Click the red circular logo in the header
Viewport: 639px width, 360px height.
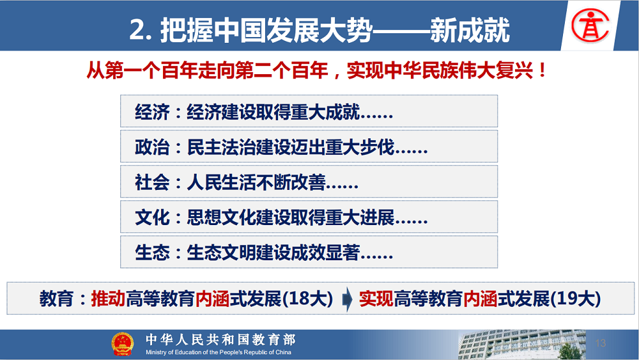click(x=590, y=26)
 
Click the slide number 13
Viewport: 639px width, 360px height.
click(x=600, y=343)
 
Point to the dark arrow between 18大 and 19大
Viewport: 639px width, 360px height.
click(x=347, y=299)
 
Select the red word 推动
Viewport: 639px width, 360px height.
click(x=108, y=299)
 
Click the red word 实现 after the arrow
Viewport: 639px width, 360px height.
click(x=376, y=299)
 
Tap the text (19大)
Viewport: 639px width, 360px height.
click(x=576, y=299)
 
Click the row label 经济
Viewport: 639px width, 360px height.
click(x=152, y=112)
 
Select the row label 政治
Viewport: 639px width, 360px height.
click(x=152, y=147)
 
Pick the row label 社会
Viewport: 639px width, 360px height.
click(x=152, y=182)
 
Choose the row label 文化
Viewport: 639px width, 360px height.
click(x=152, y=217)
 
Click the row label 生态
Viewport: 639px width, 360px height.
click(x=152, y=253)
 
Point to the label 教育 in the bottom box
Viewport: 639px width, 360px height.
click(x=56, y=299)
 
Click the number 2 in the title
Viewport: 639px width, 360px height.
click(x=137, y=30)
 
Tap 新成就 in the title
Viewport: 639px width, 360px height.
click(x=470, y=30)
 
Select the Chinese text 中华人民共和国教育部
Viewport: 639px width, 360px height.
click(x=220, y=339)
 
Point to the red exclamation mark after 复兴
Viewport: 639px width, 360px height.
click(x=542, y=70)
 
